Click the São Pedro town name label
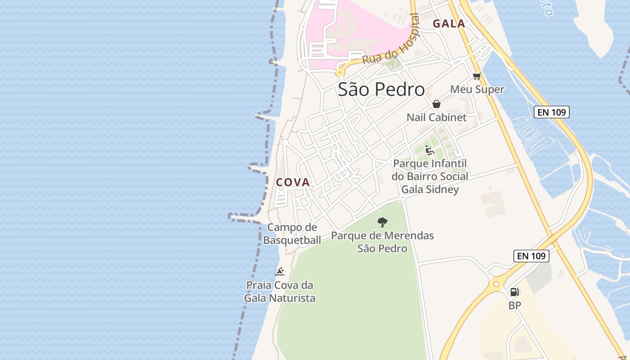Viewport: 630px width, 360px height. pyautogui.click(x=381, y=90)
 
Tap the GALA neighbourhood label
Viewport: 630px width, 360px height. pyautogui.click(x=449, y=24)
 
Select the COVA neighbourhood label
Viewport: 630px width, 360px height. pyautogui.click(x=293, y=182)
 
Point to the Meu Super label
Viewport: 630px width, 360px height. pyautogui.click(x=477, y=89)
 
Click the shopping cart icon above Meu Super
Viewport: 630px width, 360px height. pyautogui.click(x=477, y=76)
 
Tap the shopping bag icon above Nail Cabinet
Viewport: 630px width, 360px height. pyautogui.click(x=436, y=104)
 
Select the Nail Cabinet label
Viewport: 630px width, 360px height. pyautogui.click(x=436, y=117)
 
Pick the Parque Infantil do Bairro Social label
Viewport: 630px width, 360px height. pyautogui.click(x=430, y=176)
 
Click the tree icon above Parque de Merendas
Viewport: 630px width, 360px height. pyautogui.click(x=382, y=222)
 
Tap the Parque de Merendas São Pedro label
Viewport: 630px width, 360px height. pyautogui.click(x=382, y=242)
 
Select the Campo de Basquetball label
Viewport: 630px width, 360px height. pyautogui.click(x=292, y=234)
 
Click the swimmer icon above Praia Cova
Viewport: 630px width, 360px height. pyautogui.click(x=279, y=272)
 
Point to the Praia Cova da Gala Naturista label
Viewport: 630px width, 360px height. pyautogui.click(x=279, y=291)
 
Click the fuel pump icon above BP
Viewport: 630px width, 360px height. pyautogui.click(x=514, y=292)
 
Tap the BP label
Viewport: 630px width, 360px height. pyautogui.click(x=514, y=306)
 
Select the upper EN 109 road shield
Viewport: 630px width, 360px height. pyautogui.click(x=552, y=112)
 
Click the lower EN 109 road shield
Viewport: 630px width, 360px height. pyautogui.click(x=531, y=256)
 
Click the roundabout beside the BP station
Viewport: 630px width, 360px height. pyautogui.click(x=496, y=283)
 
